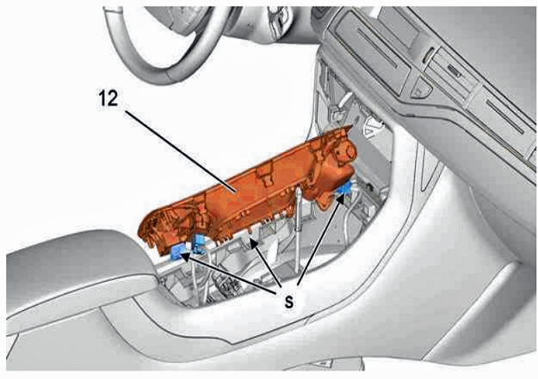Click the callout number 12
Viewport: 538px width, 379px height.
pyautogui.click(x=108, y=99)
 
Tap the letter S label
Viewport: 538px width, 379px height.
pyautogui.click(x=289, y=303)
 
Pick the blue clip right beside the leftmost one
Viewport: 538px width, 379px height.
pyautogui.click(x=198, y=244)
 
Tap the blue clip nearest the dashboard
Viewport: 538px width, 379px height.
pyautogui.click(x=344, y=188)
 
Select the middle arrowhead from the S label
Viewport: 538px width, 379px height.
pyautogui.click(x=253, y=243)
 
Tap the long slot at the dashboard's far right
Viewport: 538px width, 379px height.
pyautogui.click(x=505, y=116)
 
